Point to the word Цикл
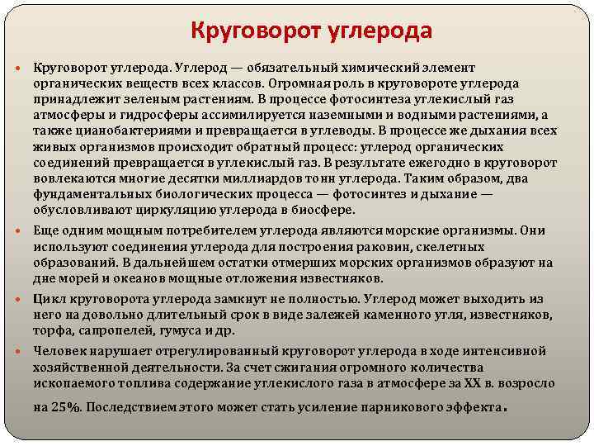(49, 298)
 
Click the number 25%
(69, 406)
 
